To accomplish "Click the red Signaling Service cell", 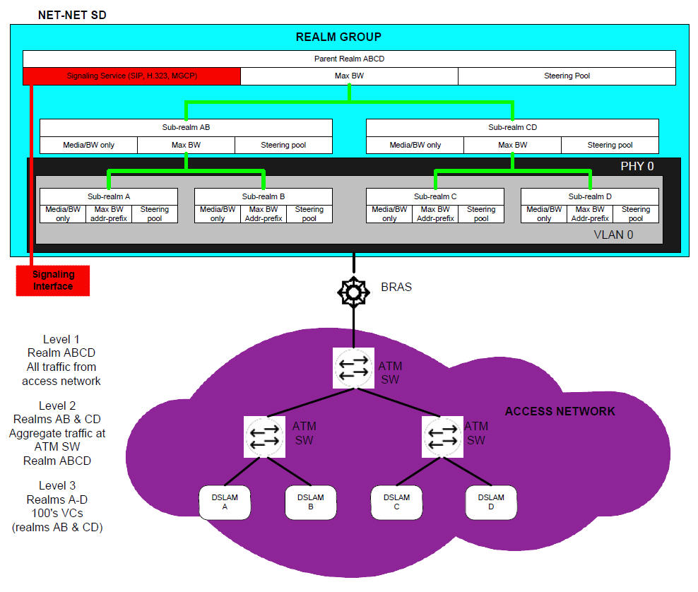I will pos(131,76).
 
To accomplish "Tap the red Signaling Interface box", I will pos(53,280).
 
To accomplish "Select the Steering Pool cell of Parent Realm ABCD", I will pos(567,76).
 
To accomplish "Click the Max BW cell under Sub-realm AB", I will pos(186,145).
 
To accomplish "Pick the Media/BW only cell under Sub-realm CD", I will pos(415,145).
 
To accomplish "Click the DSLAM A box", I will pos(225,502).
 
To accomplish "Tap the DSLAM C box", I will pos(396,502).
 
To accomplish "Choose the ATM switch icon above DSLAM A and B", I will pos(263,435).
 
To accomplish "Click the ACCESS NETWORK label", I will pos(560,411).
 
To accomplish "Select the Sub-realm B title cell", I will pos(263,196).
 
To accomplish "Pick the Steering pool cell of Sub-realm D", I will pos(635,213).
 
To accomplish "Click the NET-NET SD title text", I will pos(71,14).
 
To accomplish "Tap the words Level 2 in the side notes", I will pos(57,405).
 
